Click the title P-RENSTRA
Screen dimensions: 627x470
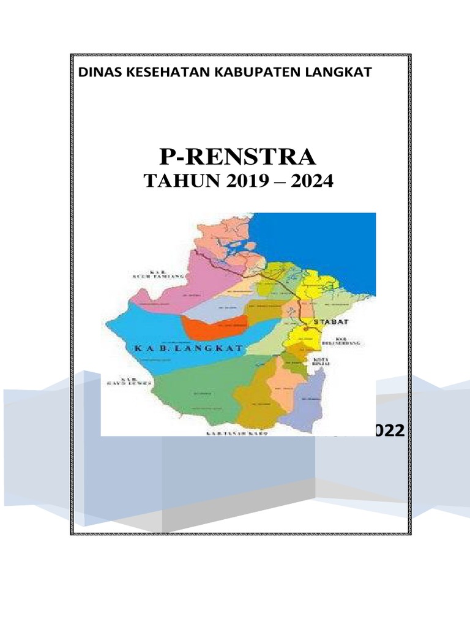238,157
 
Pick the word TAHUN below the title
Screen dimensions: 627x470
174,182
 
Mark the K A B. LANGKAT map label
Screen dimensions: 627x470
187,347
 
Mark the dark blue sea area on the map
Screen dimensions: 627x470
324,239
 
